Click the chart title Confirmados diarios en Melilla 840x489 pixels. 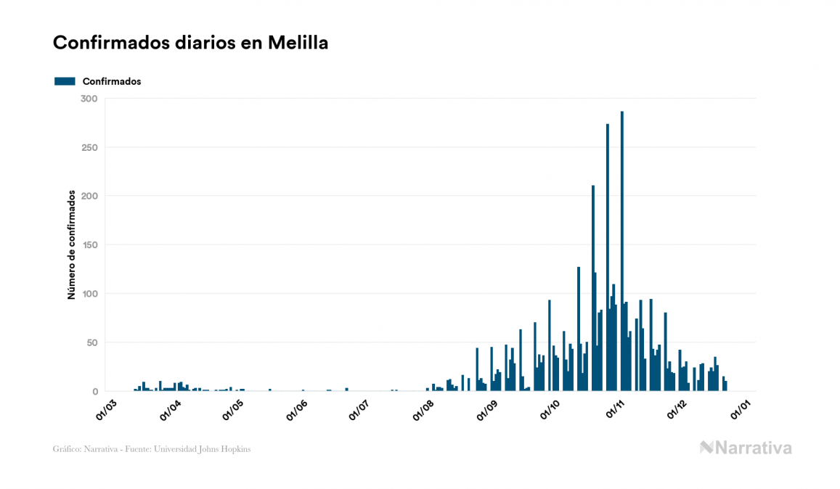point(190,43)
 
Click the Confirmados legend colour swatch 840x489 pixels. point(65,81)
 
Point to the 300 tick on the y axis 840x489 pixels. point(89,99)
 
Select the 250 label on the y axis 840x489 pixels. point(89,147)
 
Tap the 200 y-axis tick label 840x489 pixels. point(89,196)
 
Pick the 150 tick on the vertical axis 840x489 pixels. point(89,245)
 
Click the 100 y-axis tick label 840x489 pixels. point(89,294)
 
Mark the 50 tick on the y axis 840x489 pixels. point(92,342)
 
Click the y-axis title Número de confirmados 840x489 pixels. point(71,245)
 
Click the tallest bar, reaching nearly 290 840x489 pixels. point(622,254)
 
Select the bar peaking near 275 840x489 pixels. point(608,261)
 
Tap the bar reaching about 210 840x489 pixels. point(593,290)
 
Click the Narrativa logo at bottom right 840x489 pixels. point(746,448)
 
